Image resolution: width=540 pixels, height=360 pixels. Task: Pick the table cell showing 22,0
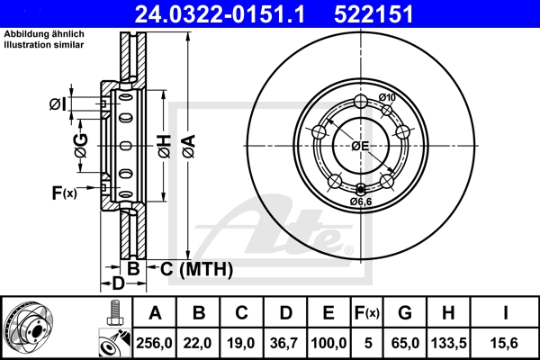(x=199, y=343)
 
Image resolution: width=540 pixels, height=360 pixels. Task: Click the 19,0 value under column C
(x=242, y=343)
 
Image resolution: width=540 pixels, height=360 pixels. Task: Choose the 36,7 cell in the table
(x=285, y=343)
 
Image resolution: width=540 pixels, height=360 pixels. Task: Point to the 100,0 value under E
(x=328, y=343)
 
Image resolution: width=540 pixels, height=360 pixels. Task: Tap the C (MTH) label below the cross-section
(x=196, y=268)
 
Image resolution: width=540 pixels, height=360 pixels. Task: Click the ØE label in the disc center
(x=361, y=146)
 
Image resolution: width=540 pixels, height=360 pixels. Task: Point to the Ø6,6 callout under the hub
(x=363, y=202)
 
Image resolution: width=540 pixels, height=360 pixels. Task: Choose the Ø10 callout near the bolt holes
(x=388, y=97)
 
